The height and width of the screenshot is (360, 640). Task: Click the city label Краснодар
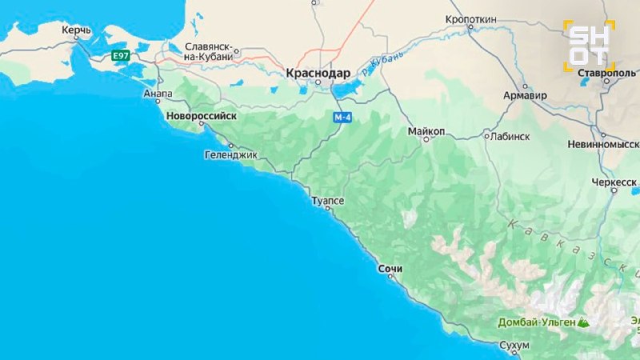click(x=318, y=73)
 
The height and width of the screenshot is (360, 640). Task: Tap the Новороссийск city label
click(x=202, y=116)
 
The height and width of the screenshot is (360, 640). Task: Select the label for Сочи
click(x=390, y=269)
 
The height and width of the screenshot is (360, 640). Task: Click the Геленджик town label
click(x=232, y=155)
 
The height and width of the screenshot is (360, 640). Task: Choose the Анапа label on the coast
click(x=158, y=94)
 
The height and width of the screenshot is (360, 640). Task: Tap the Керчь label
click(x=76, y=30)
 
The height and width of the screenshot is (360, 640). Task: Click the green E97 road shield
click(x=121, y=55)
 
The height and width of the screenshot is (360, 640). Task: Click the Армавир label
click(x=525, y=95)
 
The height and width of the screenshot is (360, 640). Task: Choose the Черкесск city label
click(x=612, y=182)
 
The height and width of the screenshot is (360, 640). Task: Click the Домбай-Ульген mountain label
click(x=537, y=322)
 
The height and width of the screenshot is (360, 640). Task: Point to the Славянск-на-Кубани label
click(x=209, y=52)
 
